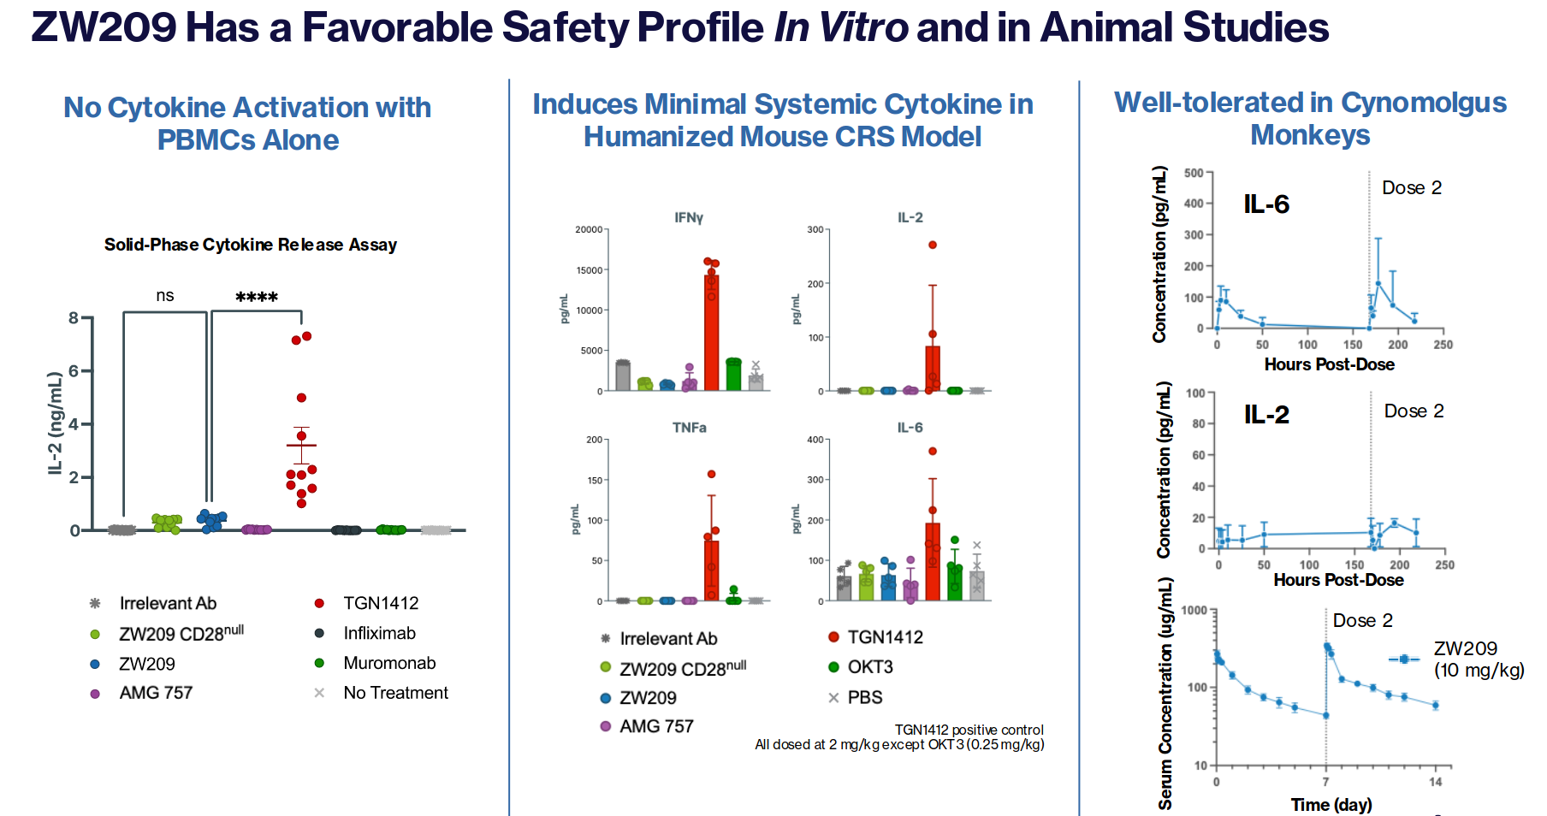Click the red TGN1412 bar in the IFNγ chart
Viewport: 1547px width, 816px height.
(711, 334)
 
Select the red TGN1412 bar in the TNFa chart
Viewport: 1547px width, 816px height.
(711, 571)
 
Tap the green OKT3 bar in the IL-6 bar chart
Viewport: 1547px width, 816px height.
(955, 583)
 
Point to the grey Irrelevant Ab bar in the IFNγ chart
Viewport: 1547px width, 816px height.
(623, 376)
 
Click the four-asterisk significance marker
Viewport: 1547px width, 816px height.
(257, 298)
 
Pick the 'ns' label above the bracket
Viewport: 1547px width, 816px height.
(165, 296)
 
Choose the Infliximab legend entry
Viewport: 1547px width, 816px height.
(379, 633)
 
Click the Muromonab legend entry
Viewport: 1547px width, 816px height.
(389, 663)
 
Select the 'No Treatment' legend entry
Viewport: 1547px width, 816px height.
(395, 693)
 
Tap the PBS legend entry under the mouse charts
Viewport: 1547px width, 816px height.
(864, 697)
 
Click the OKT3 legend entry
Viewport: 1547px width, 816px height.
(869, 667)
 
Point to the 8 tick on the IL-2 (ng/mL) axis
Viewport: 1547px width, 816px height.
(74, 318)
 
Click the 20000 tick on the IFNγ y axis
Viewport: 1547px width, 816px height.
(589, 230)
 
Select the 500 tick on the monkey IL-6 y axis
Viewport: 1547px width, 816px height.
(1194, 173)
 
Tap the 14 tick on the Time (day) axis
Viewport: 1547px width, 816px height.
(1435, 782)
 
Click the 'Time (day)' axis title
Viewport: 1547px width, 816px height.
(1331, 805)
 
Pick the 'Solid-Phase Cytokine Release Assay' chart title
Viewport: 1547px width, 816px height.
(251, 245)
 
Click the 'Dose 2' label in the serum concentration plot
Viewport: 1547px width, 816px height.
(1362, 620)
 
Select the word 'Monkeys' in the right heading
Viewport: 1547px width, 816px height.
(1310, 135)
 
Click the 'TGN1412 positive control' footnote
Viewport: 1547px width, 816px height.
(969, 730)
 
